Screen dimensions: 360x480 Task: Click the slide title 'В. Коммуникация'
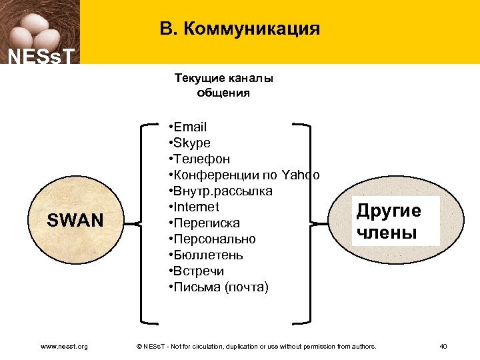[240, 29]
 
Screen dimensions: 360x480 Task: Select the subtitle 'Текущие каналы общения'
[223, 85]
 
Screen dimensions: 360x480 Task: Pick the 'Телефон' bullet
[200, 159]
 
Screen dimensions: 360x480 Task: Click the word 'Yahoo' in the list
[301, 175]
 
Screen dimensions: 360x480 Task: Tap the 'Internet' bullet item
[194, 207]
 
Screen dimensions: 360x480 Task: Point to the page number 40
[443, 346]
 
